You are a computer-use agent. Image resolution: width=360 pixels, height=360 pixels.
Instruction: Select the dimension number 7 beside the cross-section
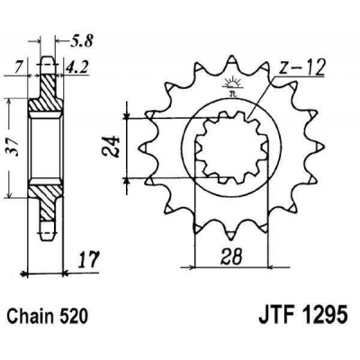tap(18, 65)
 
